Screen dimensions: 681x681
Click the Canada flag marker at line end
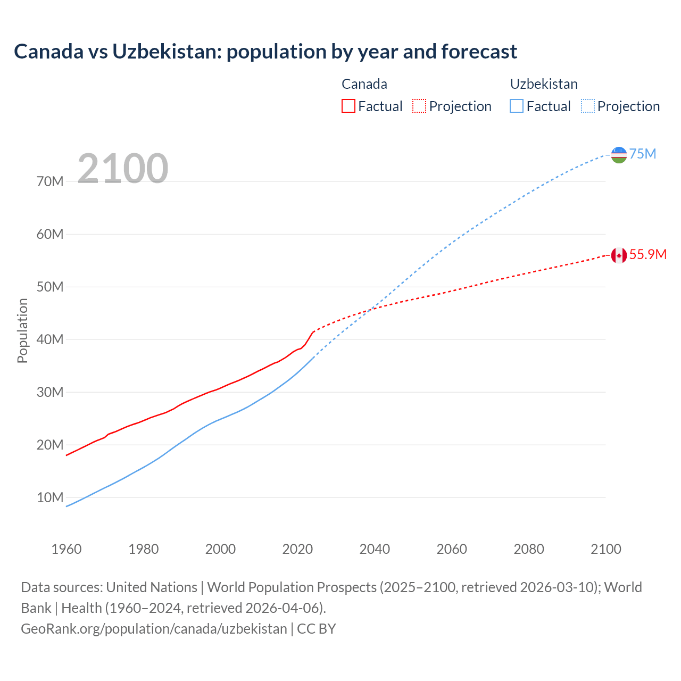(x=619, y=255)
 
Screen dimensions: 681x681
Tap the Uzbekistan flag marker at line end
(x=619, y=155)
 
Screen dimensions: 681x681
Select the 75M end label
(x=643, y=154)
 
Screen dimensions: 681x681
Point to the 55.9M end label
(x=647, y=254)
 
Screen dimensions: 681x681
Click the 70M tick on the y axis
(x=50, y=182)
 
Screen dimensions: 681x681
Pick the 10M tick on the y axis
(x=50, y=498)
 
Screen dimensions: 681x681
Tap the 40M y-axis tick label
(x=50, y=340)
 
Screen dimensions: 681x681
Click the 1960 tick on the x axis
(x=67, y=549)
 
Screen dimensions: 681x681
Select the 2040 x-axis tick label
(x=375, y=549)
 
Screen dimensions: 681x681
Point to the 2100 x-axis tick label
(x=605, y=549)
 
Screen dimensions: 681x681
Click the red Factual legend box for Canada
(x=348, y=106)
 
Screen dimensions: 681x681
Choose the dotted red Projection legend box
(x=419, y=106)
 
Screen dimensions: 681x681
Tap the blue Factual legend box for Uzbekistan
(x=517, y=106)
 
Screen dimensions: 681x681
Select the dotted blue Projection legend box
(x=588, y=106)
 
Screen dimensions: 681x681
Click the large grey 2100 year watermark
(x=123, y=169)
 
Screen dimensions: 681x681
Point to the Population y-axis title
(x=22, y=330)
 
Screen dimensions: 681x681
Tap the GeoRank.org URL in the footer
(x=154, y=629)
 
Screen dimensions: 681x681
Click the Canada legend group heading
(x=364, y=84)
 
